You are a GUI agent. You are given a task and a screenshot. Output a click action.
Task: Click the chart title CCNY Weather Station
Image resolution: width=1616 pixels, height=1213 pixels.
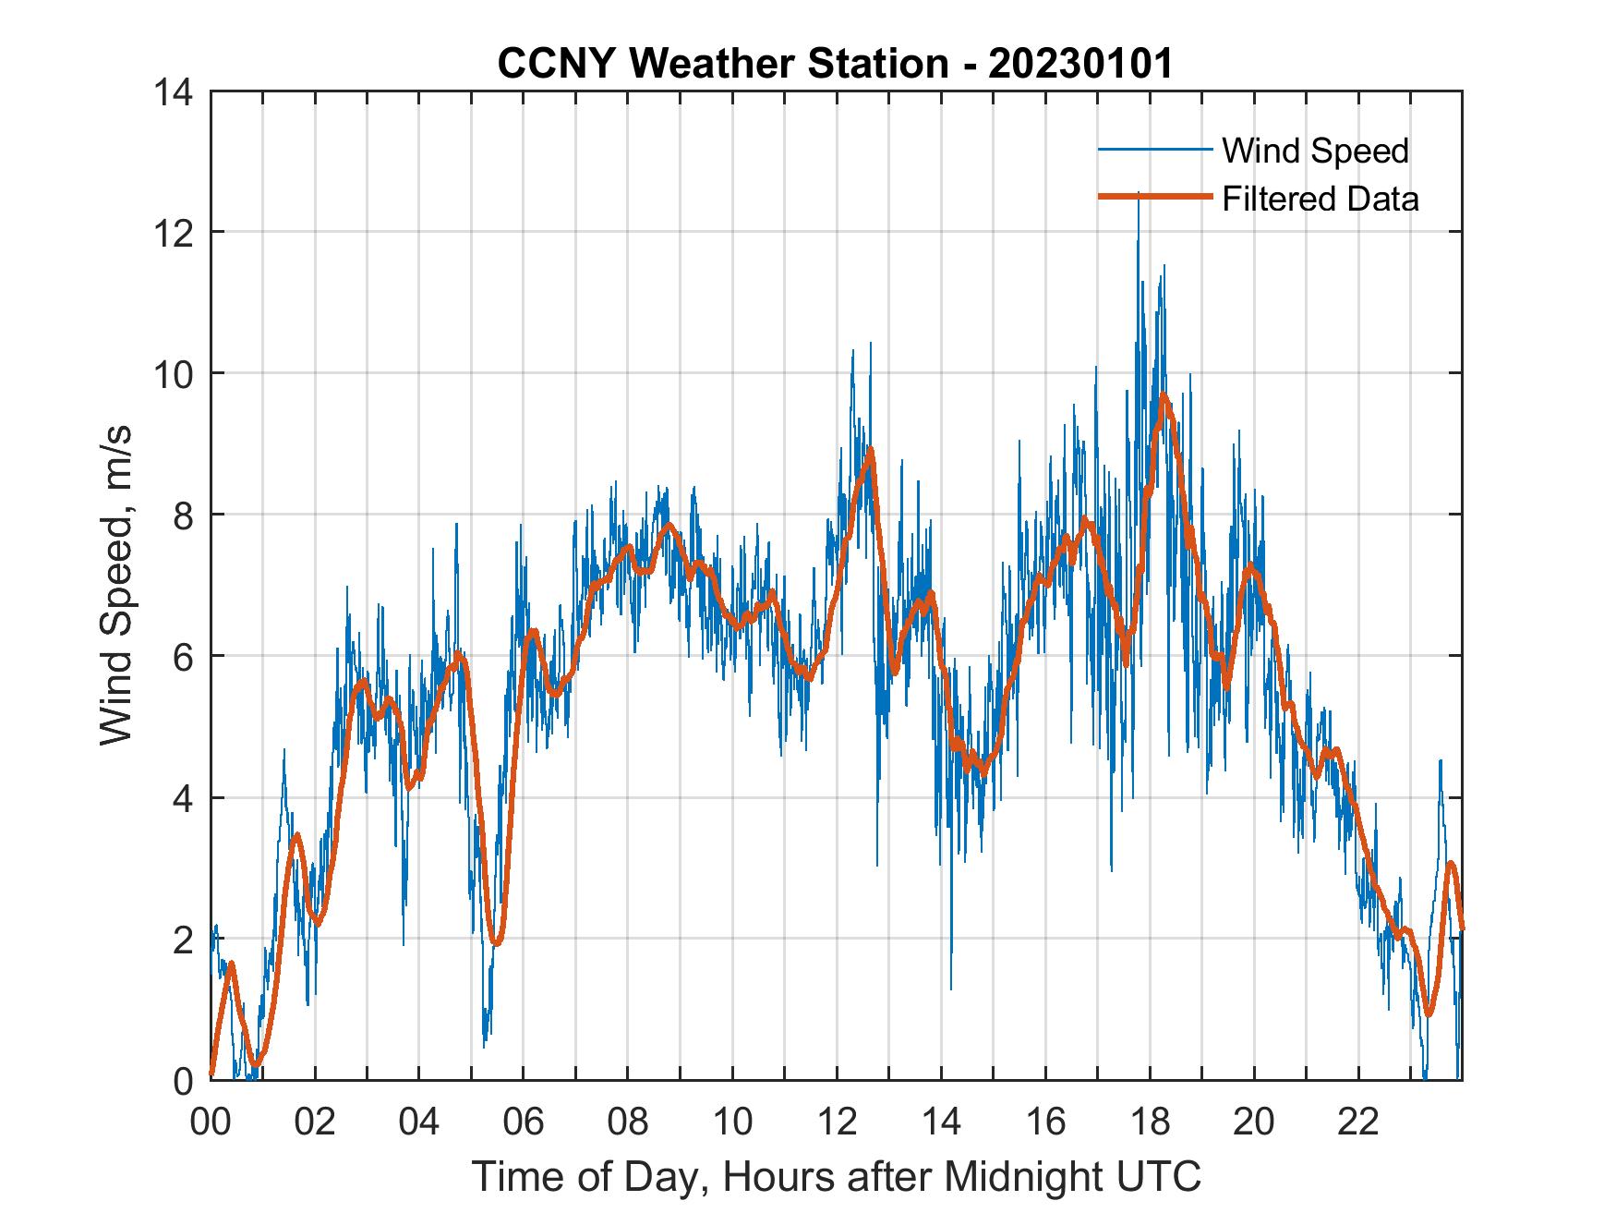[x=722, y=65]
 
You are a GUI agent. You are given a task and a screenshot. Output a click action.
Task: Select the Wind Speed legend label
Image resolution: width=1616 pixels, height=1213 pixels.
[x=1315, y=151]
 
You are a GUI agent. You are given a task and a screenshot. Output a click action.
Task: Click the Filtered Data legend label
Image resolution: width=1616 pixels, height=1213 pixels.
[x=1320, y=199]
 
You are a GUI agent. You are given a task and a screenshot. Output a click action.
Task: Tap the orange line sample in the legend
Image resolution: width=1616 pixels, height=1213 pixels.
[x=1154, y=198]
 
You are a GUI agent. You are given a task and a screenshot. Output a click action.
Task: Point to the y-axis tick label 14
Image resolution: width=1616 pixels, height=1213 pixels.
[x=175, y=92]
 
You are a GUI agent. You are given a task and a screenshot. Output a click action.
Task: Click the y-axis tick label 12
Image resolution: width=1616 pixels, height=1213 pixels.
[x=175, y=233]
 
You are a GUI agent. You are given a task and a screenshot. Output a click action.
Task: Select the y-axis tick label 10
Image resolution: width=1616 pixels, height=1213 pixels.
[x=175, y=374]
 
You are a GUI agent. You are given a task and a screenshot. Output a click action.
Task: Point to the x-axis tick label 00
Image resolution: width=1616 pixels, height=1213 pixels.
[x=211, y=1122]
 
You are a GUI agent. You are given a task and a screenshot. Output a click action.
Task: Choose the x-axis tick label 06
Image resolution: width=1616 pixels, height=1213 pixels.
[x=524, y=1122]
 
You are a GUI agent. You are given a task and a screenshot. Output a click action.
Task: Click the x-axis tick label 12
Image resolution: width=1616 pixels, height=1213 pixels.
[x=837, y=1122]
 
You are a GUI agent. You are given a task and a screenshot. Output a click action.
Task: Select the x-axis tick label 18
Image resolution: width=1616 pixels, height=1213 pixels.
[x=1150, y=1122]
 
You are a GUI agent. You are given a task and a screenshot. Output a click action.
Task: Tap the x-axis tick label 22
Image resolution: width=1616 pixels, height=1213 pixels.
[x=1358, y=1122]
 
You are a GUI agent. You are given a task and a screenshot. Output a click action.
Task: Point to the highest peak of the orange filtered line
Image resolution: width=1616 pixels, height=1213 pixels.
[x=1164, y=396]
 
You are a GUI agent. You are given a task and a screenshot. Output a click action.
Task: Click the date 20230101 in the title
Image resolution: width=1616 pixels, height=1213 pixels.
[x=1080, y=65]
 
